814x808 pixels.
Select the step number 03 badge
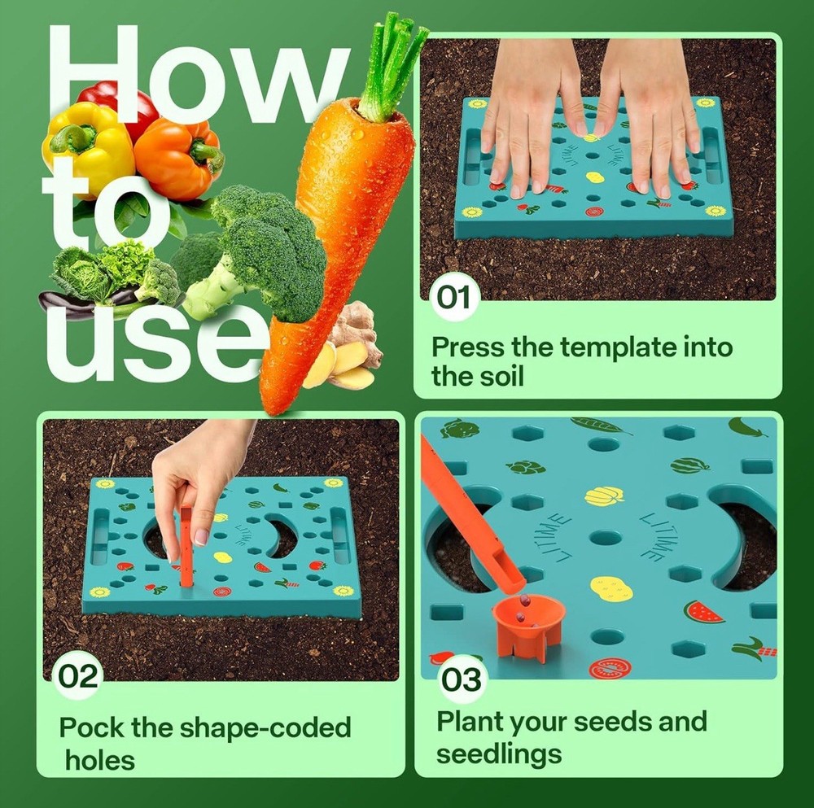462,679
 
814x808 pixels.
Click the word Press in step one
468,347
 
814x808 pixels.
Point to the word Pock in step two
92,726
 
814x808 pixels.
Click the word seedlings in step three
498,753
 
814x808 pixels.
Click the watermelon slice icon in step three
703,611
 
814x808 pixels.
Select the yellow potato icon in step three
610,587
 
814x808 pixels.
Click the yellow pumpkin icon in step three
604,496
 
